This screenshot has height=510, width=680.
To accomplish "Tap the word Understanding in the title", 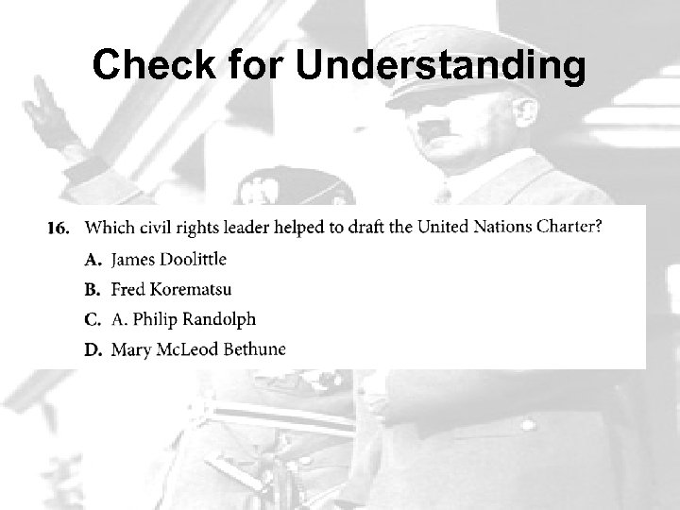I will coord(443,66).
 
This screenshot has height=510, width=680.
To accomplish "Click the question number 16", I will coord(59,228).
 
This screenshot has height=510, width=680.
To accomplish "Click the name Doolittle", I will coord(193,258).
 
